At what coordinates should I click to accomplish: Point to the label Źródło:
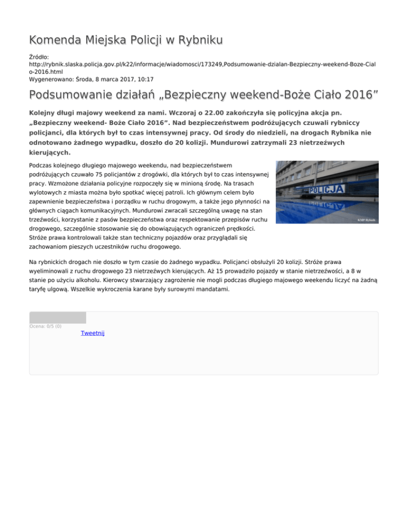pyautogui.click(x=41, y=56)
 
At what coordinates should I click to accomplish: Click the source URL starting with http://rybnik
pyautogui.click(x=202, y=63)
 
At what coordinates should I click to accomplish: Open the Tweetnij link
pyautogui.click(x=92, y=333)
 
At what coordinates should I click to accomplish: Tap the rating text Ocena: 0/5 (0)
pyautogui.click(x=45, y=326)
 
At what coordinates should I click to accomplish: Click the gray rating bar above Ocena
pyautogui.click(x=57, y=318)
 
